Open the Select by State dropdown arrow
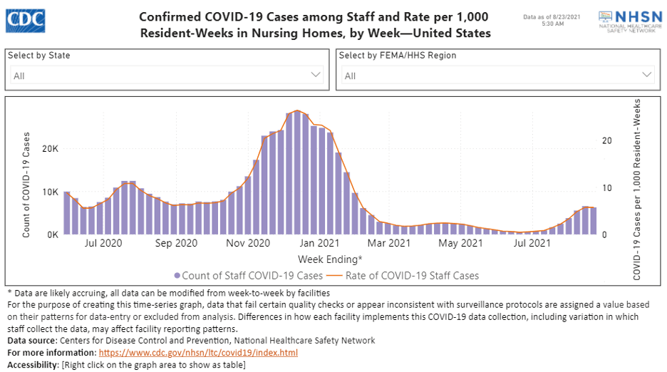[x=316, y=75]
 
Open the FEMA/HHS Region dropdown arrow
[x=647, y=75]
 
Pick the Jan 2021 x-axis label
[x=329, y=244]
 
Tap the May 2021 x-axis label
[x=460, y=244]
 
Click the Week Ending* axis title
[x=330, y=259]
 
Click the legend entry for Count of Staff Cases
[x=249, y=275]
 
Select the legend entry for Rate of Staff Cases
[x=406, y=275]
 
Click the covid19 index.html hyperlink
[x=198, y=353]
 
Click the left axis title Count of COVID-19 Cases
[x=26, y=185]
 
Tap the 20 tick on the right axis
[x=606, y=140]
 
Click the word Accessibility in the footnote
[x=33, y=365]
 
